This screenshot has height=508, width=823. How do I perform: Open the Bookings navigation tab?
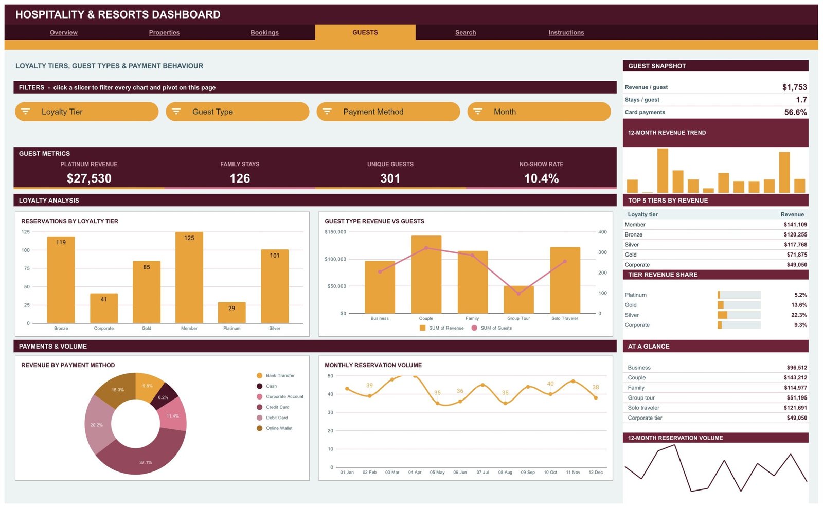264,33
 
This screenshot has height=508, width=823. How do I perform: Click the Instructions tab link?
566,33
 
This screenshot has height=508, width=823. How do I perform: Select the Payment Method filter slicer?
388,112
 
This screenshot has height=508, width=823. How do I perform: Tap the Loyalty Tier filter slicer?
87,112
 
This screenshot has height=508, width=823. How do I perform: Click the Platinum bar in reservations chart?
232,313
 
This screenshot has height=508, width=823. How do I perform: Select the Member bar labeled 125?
189,278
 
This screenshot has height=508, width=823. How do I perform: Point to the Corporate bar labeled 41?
104,308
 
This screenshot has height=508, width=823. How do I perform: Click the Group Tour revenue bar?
518,300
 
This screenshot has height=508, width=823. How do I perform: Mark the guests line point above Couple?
426,248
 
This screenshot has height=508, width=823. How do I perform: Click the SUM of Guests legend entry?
492,328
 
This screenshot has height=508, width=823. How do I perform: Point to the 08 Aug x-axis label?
505,473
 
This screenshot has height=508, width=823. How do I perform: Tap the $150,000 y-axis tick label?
335,232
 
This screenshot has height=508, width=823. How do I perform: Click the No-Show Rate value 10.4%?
541,178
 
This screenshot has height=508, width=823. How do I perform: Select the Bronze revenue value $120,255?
795,234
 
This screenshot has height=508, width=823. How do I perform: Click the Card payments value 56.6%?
795,112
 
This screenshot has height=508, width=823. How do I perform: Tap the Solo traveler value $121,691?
797,408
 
